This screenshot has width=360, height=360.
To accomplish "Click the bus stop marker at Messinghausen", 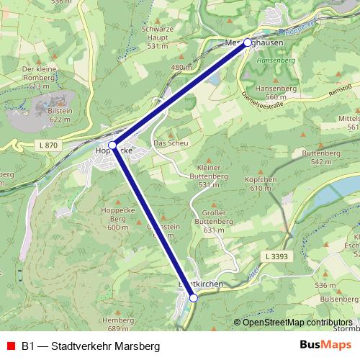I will click(x=248, y=42).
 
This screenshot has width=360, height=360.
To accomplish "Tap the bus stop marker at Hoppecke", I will click(x=112, y=145).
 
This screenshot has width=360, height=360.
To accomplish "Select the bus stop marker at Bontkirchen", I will click(x=193, y=297).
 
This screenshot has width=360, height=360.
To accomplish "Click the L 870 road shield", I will click(x=48, y=145).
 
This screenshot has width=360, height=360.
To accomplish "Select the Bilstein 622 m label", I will click(x=60, y=114).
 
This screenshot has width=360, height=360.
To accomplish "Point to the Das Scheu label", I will click(x=171, y=143).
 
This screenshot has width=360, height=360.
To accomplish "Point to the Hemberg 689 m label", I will click(x=119, y=323).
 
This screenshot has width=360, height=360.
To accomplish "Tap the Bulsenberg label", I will click(x=339, y=298).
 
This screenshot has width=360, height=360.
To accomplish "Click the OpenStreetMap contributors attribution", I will click(x=297, y=322).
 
